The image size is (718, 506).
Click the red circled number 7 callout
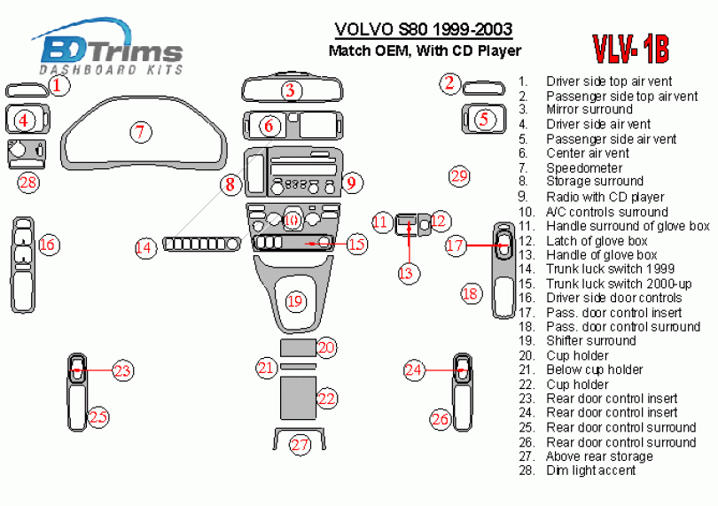point(139,133)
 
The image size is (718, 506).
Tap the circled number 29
point(458,176)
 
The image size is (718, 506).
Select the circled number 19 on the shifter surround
point(295,301)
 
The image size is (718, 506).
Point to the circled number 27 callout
point(300,444)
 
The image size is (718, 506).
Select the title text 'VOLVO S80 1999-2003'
point(423,31)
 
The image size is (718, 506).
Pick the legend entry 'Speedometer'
point(583,167)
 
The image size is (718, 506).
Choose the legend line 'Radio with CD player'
point(605,197)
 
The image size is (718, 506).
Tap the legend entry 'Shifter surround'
point(590,340)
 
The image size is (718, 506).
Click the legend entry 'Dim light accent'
point(590,471)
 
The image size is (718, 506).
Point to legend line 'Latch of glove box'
point(597,240)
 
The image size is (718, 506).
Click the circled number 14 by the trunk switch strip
point(144,248)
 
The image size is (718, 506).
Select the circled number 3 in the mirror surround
point(292,90)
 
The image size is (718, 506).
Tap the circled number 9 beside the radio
point(351,183)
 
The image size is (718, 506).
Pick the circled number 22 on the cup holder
point(327,400)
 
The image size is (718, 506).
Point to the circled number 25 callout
point(98,416)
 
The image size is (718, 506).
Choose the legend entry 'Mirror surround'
point(589,110)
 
